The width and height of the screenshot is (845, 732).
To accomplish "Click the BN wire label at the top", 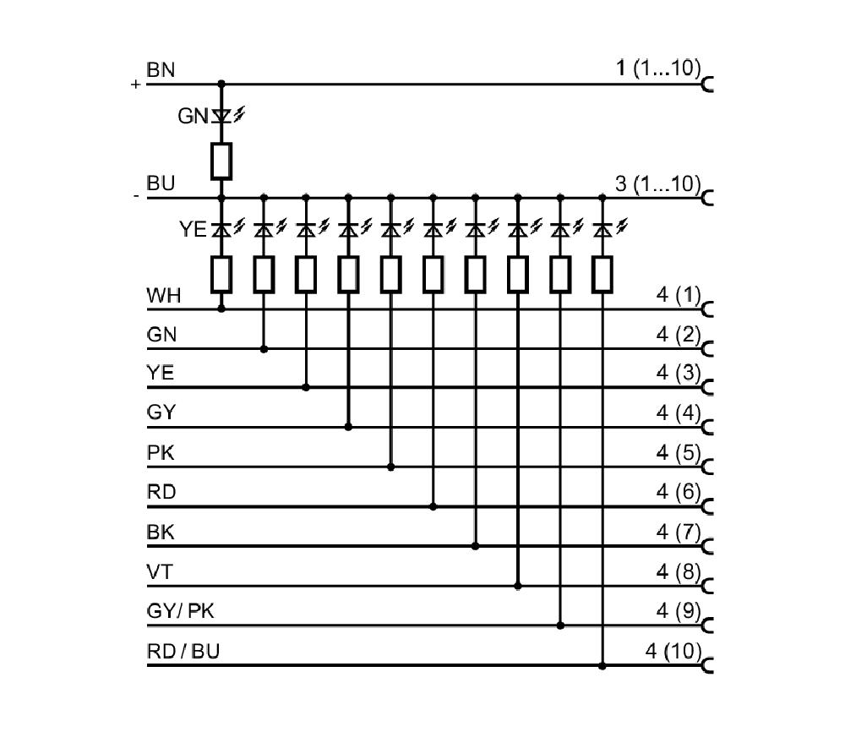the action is (x=161, y=70).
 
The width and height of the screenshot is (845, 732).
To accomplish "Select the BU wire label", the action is (x=161, y=183).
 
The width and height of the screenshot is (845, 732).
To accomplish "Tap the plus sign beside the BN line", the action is (x=135, y=85).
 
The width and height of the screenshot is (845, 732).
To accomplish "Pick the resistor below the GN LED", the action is (x=221, y=161).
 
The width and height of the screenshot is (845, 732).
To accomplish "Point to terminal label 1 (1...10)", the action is (x=658, y=68).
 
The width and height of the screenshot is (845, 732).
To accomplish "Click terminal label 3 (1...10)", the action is (x=658, y=183).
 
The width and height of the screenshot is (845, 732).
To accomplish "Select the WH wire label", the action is (x=163, y=296).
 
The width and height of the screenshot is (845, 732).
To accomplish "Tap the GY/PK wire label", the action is (x=180, y=611).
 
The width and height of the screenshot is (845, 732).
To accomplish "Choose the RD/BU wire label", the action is (x=183, y=651).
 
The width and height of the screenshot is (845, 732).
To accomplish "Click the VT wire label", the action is (x=160, y=572).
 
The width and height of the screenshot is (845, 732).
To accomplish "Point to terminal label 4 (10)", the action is (x=673, y=651).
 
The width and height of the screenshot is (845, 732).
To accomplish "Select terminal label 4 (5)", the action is (x=679, y=453).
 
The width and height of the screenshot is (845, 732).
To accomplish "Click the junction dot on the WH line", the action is (x=221, y=309).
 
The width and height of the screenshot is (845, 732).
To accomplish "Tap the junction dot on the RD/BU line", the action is (x=602, y=666).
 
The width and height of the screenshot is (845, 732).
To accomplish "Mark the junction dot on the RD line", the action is (x=433, y=507).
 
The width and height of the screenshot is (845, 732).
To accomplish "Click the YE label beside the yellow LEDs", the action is (x=193, y=230).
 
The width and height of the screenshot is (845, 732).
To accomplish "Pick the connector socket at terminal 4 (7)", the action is (x=707, y=547).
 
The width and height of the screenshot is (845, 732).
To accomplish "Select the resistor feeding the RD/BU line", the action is (x=602, y=275).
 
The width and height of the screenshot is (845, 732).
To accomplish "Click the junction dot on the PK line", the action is (x=391, y=467).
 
